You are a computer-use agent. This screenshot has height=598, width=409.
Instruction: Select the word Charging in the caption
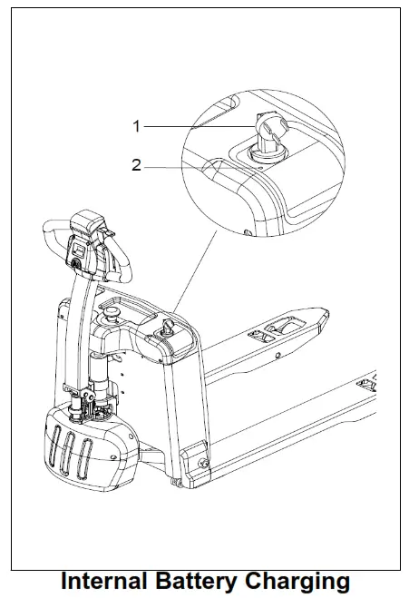298,581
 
